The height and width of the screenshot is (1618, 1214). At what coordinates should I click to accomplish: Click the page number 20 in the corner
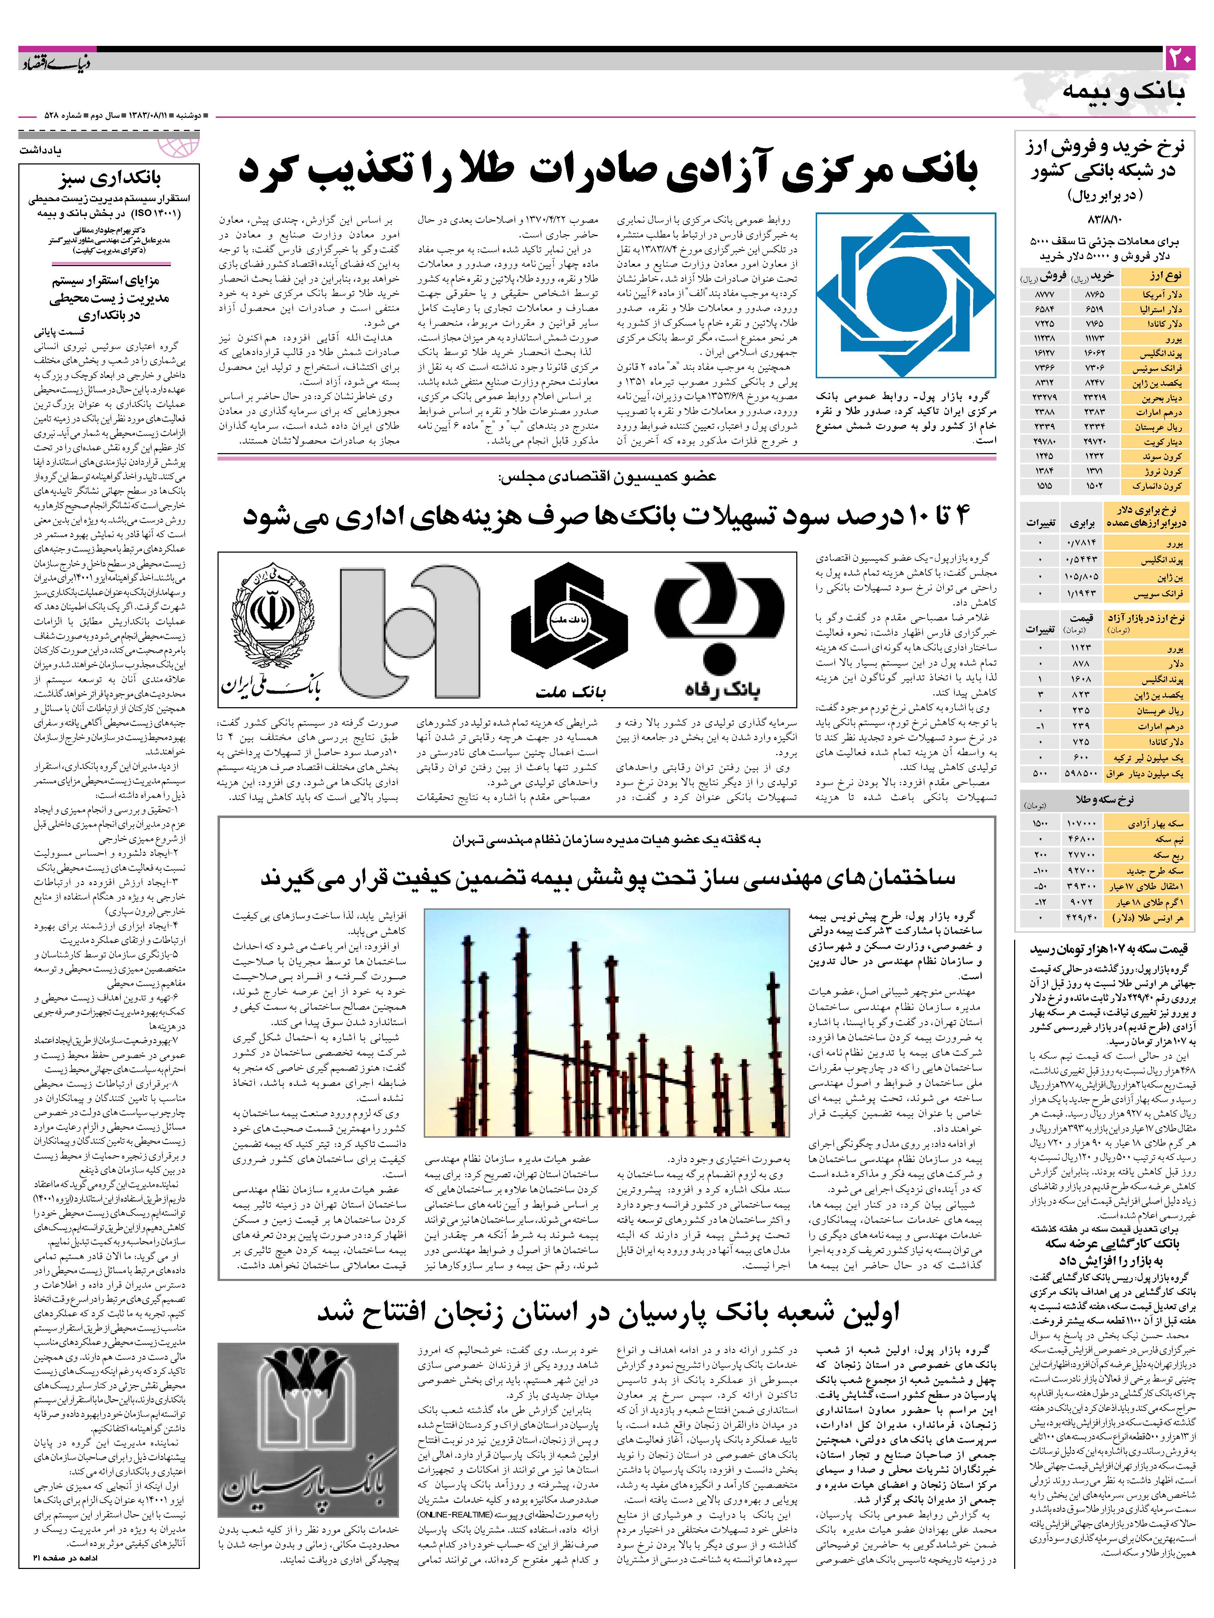pyautogui.click(x=1180, y=59)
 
